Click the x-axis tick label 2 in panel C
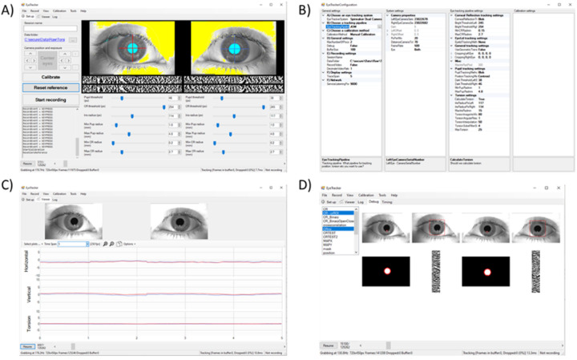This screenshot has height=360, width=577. [137, 340]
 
